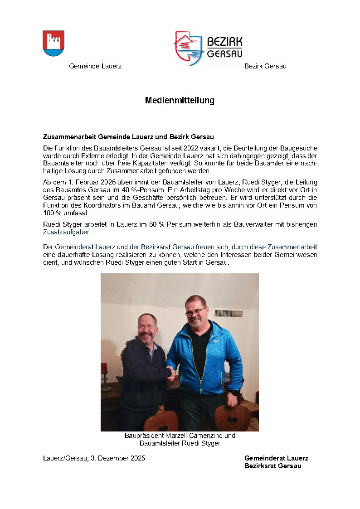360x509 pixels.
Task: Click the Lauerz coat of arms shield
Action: (54, 43)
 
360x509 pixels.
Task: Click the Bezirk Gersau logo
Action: (208, 48)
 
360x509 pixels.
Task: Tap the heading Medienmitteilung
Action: (180, 100)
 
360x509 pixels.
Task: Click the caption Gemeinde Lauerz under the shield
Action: (95, 66)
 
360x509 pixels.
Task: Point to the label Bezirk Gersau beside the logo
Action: (265, 66)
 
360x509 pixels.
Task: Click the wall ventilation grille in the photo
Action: (228, 313)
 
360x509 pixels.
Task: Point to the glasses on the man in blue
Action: (195, 312)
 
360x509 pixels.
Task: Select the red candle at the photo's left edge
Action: (104, 368)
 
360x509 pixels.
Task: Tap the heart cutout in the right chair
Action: (232, 421)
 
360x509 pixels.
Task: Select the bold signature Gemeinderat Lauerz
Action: (276, 458)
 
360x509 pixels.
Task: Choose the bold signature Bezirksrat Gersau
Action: (272, 466)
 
